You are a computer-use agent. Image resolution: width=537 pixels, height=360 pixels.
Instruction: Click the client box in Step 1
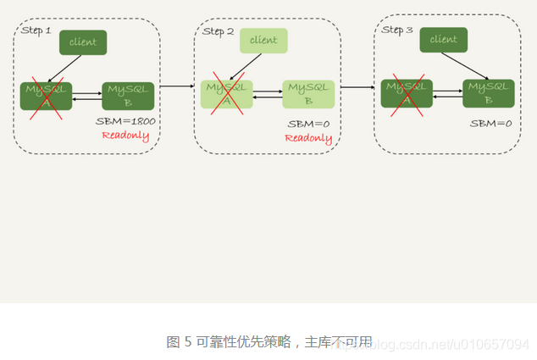pyautogui.click(x=83, y=42)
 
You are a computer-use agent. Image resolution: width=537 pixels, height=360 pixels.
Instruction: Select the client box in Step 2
pyautogui.click(x=263, y=41)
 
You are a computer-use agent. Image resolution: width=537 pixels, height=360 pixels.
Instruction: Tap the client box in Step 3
pyautogui.click(x=443, y=40)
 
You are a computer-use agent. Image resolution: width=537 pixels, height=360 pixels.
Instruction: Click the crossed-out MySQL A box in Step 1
pyautogui.click(x=47, y=96)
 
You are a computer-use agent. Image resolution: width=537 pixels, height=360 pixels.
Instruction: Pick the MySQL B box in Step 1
pyautogui.click(x=128, y=96)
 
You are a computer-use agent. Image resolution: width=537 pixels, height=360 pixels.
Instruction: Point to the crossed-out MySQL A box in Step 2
pyautogui.click(x=227, y=94)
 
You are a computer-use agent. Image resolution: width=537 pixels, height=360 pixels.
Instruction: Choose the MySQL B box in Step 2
pyautogui.click(x=308, y=94)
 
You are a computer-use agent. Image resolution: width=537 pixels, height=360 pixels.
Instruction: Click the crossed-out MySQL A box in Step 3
pyautogui.click(x=407, y=93)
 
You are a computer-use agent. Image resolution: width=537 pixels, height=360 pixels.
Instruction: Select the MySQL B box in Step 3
pyautogui.click(x=489, y=93)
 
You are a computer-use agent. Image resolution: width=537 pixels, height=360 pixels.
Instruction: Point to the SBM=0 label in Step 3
pyautogui.click(x=491, y=124)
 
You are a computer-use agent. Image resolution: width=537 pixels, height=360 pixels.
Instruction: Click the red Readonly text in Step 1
pyautogui.click(x=125, y=136)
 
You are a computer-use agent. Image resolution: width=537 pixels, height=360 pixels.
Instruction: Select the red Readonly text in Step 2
pyautogui.click(x=308, y=137)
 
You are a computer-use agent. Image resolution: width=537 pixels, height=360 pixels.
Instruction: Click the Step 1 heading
pyautogui.click(x=36, y=30)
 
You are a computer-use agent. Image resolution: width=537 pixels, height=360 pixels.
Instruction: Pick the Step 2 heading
pyautogui.click(x=219, y=31)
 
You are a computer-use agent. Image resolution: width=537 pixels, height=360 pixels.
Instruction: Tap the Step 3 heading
pyautogui.click(x=397, y=30)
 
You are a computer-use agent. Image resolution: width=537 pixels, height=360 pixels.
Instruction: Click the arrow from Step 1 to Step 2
pyautogui.click(x=176, y=86)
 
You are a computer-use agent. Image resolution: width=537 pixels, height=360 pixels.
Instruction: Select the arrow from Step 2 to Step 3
pyautogui.click(x=357, y=86)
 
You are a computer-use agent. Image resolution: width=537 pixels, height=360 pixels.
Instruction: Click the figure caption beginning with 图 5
pyautogui.click(x=268, y=342)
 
